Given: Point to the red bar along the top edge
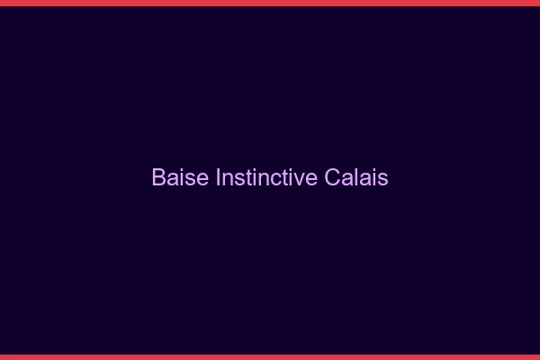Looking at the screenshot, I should coord(270,3).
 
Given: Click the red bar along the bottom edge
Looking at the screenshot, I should coord(270,356).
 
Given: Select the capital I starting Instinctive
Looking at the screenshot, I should coord(219,177).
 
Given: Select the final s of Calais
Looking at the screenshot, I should coord(383,178).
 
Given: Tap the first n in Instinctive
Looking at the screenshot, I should coord(228,178).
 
